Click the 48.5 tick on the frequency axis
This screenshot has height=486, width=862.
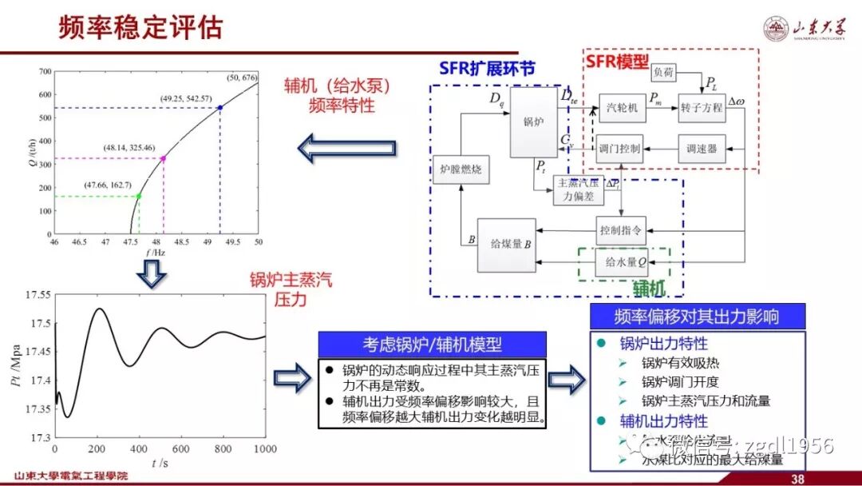click(x=182, y=241)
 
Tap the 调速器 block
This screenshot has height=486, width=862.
click(x=702, y=149)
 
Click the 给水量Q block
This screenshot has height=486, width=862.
click(x=620, y=261)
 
